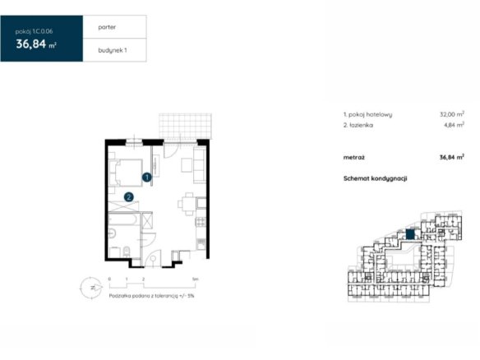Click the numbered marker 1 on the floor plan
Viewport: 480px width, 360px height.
click(x=147, y=177)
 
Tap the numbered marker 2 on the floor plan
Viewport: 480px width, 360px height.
click(x=128, y=196)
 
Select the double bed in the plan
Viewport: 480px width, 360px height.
click(x=126, y=173)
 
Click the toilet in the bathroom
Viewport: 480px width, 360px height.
click(x=127, y=252)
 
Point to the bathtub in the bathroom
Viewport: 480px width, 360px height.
click(x=124, y=219)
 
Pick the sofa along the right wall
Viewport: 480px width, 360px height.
click(x=200, y=165)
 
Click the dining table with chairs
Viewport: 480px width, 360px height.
click(x=188, y=204)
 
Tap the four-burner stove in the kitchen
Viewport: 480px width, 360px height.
click(x=201, y=222)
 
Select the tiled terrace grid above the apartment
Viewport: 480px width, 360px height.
click(x=185, y=126)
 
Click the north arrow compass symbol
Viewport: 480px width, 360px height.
click(x=91, y=288)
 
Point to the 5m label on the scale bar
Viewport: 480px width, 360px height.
click(x=195, y=279)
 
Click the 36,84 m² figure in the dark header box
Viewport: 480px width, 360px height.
click(x=36, y=44)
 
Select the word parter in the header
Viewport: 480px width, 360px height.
click(x=107, y=27)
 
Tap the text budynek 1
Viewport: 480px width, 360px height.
click(x=113, y=50)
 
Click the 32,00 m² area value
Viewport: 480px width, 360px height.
click(x=452, y=114)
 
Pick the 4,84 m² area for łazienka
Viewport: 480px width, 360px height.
click(x=454, y=125)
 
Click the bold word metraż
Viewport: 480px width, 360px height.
click(x=354, y=158)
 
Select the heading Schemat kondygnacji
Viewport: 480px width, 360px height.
click(x=375, y=178)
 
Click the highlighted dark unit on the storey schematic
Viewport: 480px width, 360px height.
click(x=410, y=234)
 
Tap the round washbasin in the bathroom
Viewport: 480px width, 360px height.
click(x=112, y=233)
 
